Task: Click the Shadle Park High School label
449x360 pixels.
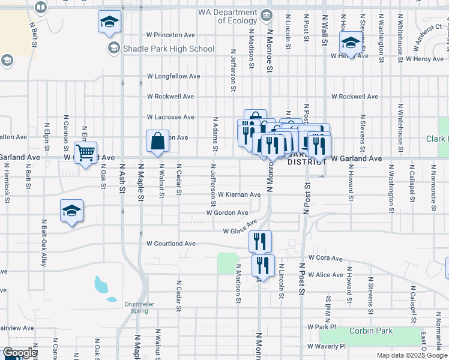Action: [x=169, y=49]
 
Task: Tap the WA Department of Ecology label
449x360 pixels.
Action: [x=228, y=16]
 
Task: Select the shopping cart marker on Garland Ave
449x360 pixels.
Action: [x=86, y=152]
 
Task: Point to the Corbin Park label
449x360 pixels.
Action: [x=372, y=331]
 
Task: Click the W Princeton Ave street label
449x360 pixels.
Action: [x=170, y=35]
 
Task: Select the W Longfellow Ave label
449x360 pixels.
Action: [x=173, y=76]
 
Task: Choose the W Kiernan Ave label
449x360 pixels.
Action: [x=239, y=194]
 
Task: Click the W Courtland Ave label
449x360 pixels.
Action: [x=171, y=244]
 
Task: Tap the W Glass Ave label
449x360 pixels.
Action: [x=240, y=231]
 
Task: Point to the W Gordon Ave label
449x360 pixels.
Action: [x=227, y=212]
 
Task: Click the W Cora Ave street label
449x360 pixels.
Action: [x=325, y=258]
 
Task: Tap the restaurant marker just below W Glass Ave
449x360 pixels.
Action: [x=261, y=241]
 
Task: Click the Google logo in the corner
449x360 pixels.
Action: [x=20, y=353]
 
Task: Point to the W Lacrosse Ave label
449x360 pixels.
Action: [x=171, y=116]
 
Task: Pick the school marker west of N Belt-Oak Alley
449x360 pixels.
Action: [x=71, y=211]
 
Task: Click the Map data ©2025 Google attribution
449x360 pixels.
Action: [x=411, y=355]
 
